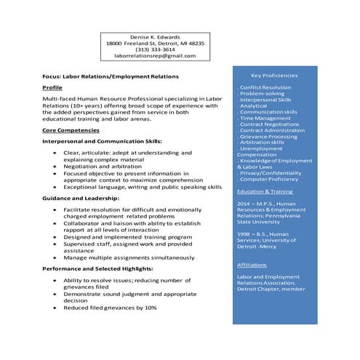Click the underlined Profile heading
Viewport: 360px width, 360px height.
pyautogui.click(x=52, y=87)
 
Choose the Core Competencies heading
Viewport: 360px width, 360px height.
pyautogui.click(x=71, y=130)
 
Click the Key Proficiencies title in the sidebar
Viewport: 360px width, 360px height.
pyautogui.click(x=274, y=75)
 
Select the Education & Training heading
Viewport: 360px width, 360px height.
pyautogui.click(x=265, y=191)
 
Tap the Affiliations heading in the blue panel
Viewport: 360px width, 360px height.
pyautogui.click(x=252, y=265)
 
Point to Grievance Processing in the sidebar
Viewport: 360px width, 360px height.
pyautogui.click(x=268, y=136)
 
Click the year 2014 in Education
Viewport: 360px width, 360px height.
pyautogui.click(x=244, y=204)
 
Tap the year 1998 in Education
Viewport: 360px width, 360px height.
pyautogui.click(x=244, y=234)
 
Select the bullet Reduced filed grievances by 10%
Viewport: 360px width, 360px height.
pyautogui.click(x=110, y=308)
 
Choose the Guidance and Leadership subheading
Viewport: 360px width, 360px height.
pyautogui.click(x=81, y=198)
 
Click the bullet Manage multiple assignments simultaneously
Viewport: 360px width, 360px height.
pyautogui.click(x=129, y=257)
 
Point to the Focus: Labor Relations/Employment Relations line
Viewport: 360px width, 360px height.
pyautogui.click(x=111, y=76)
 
